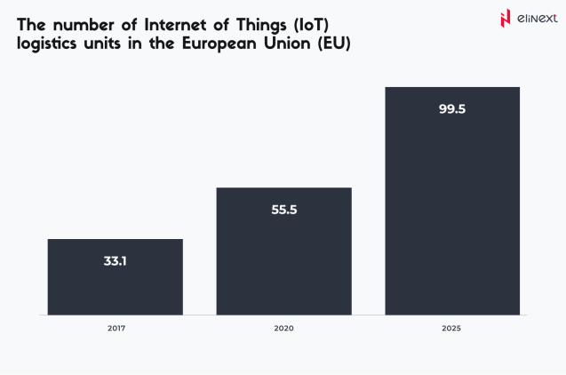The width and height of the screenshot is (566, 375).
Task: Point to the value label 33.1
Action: point(115,262)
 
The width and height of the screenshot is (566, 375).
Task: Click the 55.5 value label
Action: point(283,211)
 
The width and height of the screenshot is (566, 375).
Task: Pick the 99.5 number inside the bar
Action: point(452,110)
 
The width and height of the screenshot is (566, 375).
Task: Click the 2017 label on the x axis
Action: point(116,329)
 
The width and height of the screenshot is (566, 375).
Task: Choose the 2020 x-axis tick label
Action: point(283,329)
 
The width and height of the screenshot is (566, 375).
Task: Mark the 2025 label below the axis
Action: point(451,329)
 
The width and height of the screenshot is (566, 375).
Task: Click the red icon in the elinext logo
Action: point(506,18)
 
